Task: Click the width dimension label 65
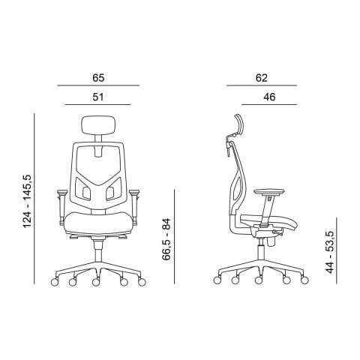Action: coord(98,77)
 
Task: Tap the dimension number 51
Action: coord(98,97)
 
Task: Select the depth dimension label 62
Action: coord(262,77)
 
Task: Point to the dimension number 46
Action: coord(268,97)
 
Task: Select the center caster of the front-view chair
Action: coord(97,283)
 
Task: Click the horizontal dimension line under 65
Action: coord(98,85)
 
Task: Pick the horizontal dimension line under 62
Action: coord(262,85)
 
